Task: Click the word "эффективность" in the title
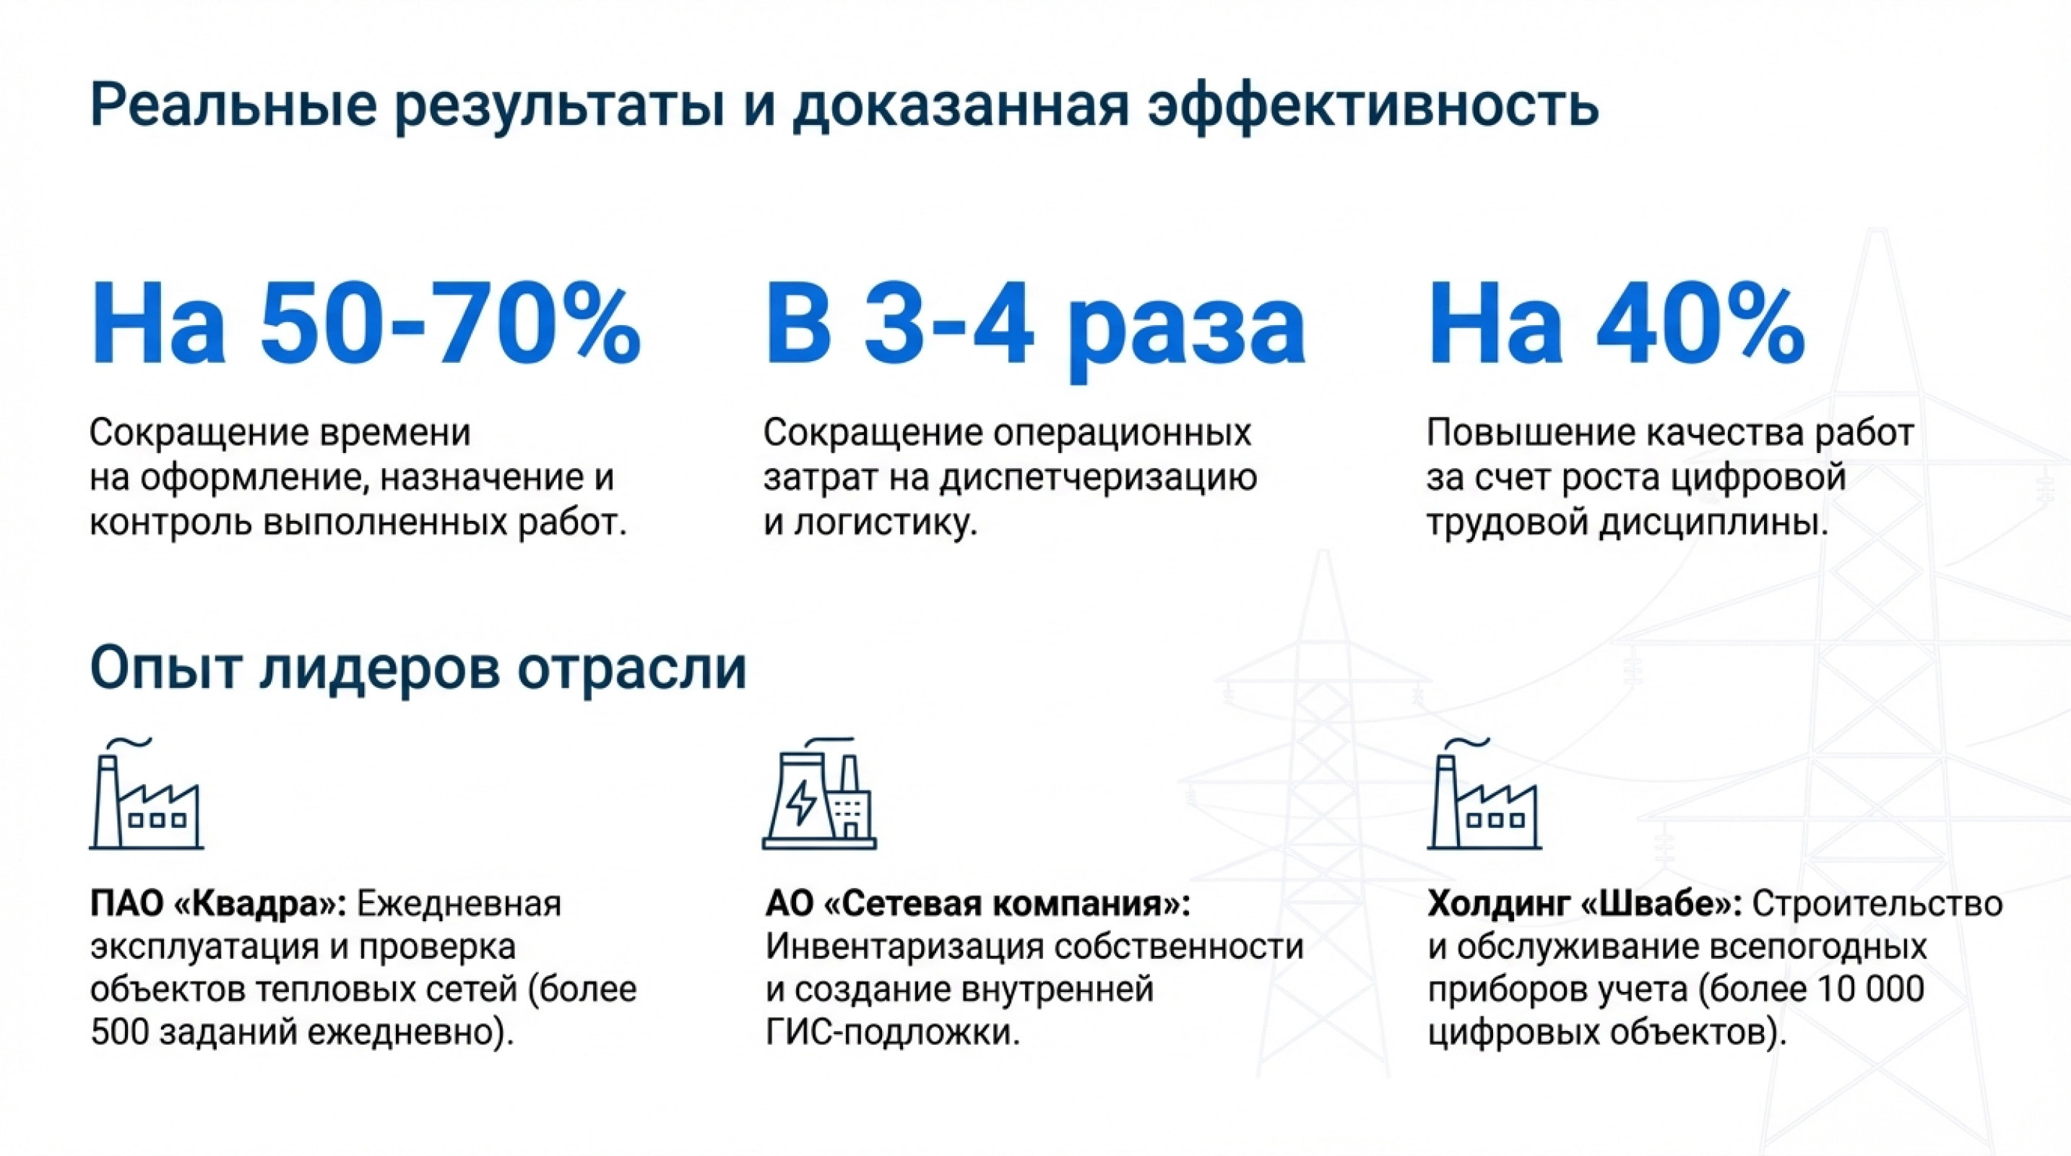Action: (x=1372, y=105)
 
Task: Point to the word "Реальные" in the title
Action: (x=233, y=105)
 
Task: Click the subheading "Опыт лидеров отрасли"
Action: (x=418, y=668)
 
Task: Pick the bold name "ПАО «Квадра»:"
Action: (x=217, y=904)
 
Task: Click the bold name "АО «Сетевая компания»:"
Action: (x=977, y=904)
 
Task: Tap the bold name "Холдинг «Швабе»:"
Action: (x=1584, y=904)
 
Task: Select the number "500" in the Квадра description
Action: (x=119, y=1032)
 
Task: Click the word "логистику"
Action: (x=886, y=523)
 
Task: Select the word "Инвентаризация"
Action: (x=904, y=946)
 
